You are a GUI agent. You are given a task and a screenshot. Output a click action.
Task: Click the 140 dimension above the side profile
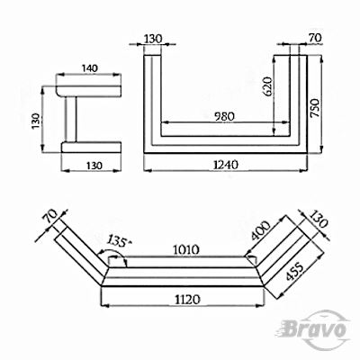(90, 68)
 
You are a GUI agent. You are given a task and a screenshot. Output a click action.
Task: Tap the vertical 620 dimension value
(266, 87)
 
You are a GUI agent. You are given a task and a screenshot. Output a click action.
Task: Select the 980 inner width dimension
(224, 116)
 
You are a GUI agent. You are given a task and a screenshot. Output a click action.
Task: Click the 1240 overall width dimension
(225, 165)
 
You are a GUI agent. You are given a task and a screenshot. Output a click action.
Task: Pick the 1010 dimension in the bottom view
(186, 249)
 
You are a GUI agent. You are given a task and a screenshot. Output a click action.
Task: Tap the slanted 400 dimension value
(261, 230)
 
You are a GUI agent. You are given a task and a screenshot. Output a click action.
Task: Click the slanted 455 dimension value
(295, 271)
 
